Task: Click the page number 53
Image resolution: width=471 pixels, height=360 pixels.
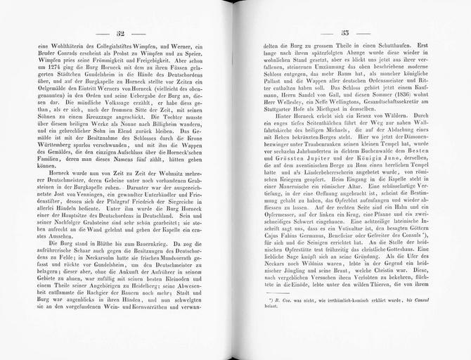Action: point(345,33)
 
